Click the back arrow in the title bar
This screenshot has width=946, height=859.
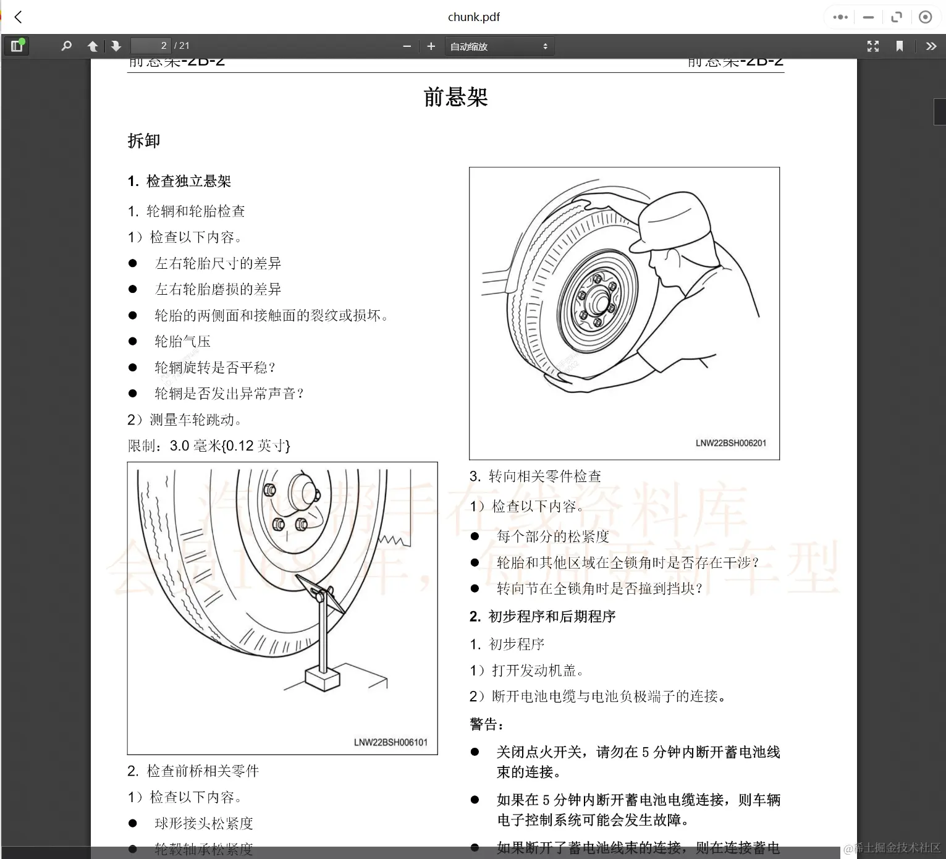(x=19, y=17)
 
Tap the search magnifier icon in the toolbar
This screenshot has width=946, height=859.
(x=67, y=46)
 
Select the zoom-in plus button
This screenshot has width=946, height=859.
(x=431, y=46)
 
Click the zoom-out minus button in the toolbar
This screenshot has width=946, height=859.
(x=407, y=46)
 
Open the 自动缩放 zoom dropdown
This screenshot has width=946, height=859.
(x=499, y=46)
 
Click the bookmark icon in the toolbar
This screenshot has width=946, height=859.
(x=900, y=46)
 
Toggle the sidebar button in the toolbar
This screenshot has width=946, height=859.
(x=17, y=46)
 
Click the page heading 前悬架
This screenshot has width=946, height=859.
(x=455, y=97)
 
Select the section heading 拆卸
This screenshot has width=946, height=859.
(x=144, y=141)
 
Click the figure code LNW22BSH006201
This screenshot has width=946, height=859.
(x=730, y=443)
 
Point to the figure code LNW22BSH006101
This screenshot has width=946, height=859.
(x=391, y=742)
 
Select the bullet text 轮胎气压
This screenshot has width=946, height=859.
(x=182, y=341)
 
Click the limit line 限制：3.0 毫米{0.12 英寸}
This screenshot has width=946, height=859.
(x=209, y=446)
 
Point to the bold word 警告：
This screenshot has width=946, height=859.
(x=487, y=724)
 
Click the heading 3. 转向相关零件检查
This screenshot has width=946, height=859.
(x=535, y=476)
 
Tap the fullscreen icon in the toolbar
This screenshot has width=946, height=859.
(x=872, y=46)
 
